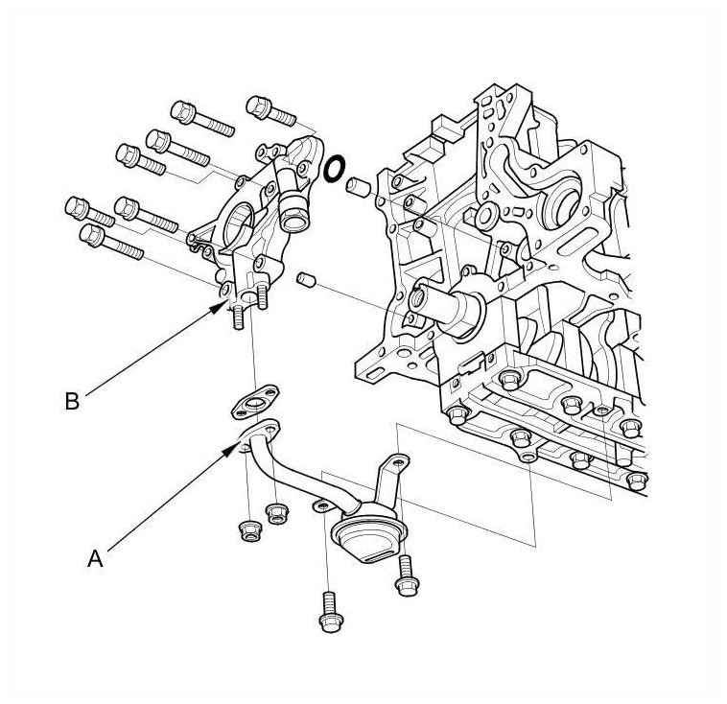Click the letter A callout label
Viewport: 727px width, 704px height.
95,559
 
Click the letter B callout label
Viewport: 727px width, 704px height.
72,402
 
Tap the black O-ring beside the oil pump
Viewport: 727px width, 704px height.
334,169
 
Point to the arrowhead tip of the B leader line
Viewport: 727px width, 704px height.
228,300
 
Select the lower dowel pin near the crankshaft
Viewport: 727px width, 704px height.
306,279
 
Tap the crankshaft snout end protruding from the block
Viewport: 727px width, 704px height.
419,299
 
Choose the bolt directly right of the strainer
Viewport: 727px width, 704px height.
407,575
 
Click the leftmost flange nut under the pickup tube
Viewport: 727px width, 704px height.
250,531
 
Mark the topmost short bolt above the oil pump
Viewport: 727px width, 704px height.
270,111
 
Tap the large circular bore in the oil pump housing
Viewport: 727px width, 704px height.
239,223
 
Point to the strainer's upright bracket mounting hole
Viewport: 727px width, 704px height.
397,463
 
